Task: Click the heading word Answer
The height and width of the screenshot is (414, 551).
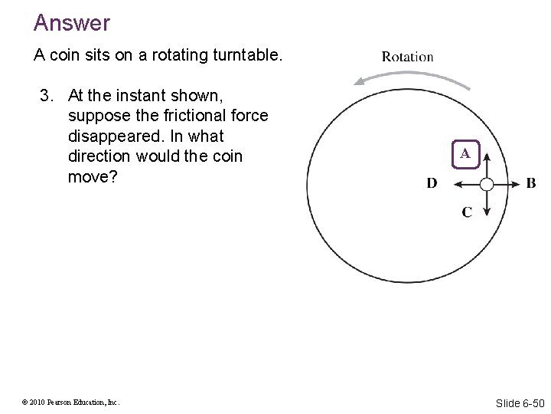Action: [x=72, y=23]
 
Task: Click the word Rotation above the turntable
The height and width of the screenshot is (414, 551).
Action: [x=407, y=57]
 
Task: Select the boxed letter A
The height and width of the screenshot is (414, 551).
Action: [x=465, y=153]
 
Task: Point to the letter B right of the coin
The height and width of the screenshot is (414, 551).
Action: [x=531, y=184]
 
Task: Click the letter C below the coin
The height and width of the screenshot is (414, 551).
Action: [x=466, y=212]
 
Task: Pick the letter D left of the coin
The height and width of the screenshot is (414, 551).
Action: [x=432, y=184]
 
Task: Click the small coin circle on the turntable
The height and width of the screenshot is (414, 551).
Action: [x=487, y=184]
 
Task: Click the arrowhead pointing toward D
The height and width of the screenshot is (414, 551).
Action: [x=458, y=184]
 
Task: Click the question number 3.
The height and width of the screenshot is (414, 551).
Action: [x=47, y=96]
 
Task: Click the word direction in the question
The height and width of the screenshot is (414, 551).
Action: [x=99, y=156]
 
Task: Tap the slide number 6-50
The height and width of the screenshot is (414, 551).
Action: [x=521, y=402]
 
